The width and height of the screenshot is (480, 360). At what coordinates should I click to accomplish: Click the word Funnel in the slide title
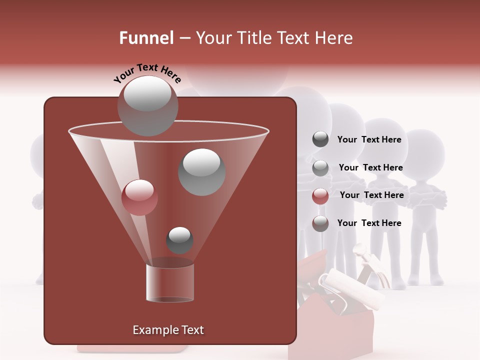tap(146, 38)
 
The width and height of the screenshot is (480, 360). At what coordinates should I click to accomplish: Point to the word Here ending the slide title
tap(334, 38)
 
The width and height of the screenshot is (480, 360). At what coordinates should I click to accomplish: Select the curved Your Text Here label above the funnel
tap(147, 73)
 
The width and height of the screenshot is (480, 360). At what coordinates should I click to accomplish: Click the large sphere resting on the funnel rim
tap(147, 106)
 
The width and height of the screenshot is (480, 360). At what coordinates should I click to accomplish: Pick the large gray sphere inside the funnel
tap(201, 172)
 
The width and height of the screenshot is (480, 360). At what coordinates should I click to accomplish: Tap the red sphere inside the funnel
tap(139, 197)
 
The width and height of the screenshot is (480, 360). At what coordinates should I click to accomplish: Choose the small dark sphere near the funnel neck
tap(179, 240)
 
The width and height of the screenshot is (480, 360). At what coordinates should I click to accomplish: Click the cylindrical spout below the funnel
tap(169, 282)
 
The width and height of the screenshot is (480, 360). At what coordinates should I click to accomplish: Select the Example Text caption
tap(168, 330)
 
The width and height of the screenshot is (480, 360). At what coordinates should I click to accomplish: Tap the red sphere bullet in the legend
tap(320, 196)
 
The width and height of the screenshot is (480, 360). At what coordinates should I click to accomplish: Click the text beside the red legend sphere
tap(371, 195)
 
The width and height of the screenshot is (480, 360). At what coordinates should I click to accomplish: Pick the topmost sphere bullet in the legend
tap(320, 139)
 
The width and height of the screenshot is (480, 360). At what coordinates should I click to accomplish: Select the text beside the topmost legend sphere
tap(369, 139)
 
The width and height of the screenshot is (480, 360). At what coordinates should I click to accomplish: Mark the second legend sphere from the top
tap(320, 168)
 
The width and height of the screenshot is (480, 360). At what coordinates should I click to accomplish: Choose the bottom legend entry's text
tap(369, 223)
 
